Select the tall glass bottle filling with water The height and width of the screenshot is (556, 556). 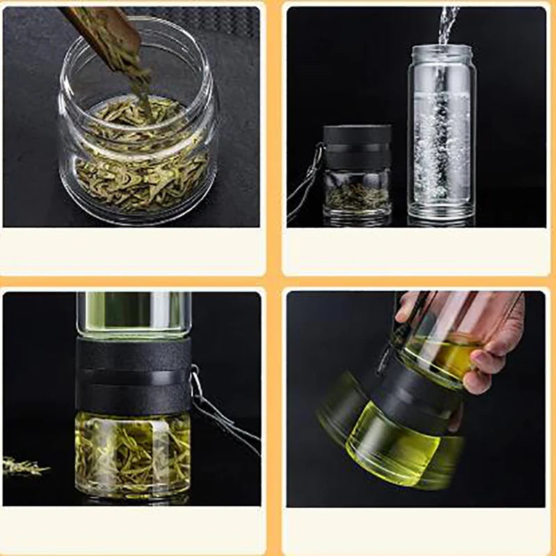[x=442, y=132]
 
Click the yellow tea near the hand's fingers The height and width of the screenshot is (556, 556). [x=445, y=354]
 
